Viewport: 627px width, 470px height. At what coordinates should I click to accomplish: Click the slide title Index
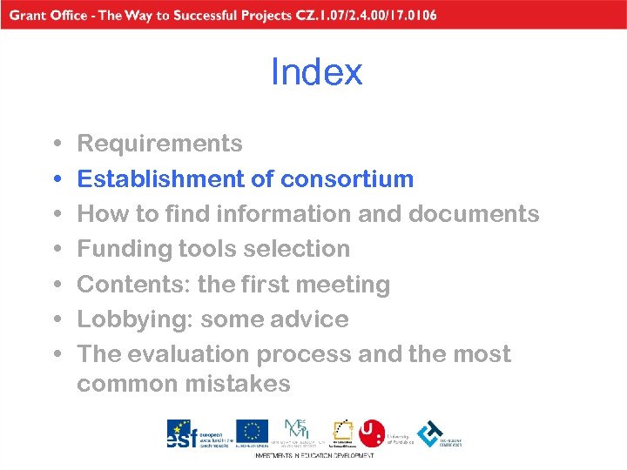[316, 72]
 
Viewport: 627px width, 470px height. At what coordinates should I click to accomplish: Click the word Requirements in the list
[159, 144]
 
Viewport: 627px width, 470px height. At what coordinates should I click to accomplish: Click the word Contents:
[134, 285]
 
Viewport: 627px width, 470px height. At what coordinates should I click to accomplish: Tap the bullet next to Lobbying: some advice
[56, 320]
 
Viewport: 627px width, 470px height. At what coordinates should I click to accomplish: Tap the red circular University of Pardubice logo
[372, 433]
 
